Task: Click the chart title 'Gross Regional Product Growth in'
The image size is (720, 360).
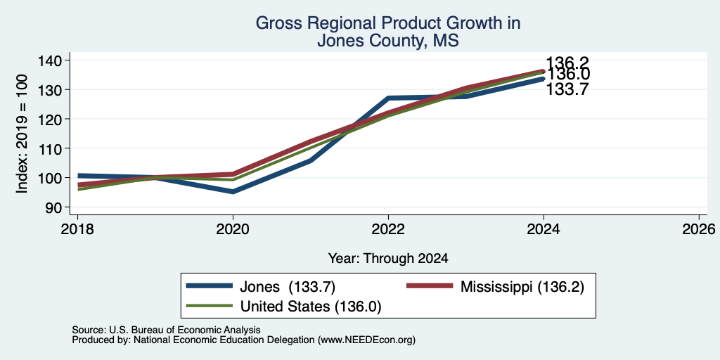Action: [388, 23]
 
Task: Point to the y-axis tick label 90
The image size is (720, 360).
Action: [60, 207]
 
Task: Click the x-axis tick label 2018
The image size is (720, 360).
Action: [77, 229]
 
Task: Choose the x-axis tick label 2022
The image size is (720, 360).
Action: [388, 229]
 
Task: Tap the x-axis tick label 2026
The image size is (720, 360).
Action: [699, 229]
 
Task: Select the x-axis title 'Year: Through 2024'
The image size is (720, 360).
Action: [388, 259]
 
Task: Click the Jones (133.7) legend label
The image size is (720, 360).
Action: [288, 287]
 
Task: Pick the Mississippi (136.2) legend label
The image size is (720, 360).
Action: [522, 287]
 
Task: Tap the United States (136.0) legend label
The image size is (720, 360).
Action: [310, 307]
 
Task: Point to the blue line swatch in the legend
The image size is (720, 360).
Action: [210, 286]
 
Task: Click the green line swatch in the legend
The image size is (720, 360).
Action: [210, 305]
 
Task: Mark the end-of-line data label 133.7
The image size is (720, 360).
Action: [567, 89]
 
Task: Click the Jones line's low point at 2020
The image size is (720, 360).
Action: [233, 191]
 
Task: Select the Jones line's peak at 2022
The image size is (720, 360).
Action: [388, 98]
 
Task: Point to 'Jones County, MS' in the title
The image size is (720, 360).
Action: [388, 41]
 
